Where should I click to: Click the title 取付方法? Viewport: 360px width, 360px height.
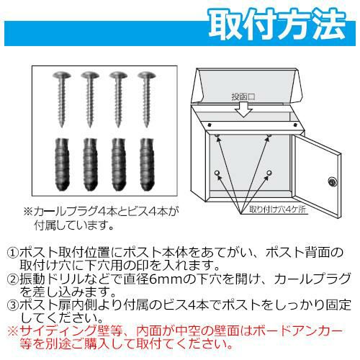pos(278,24)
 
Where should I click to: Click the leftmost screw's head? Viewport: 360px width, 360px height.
pos(62,75)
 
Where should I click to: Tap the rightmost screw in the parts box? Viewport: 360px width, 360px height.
pos(147,99)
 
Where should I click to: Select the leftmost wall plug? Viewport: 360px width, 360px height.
pos(62,165)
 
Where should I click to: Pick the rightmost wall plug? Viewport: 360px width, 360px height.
pos(147,165)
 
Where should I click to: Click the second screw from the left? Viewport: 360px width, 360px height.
pos(90,99)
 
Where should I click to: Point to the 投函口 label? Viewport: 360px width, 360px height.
pos(243,96)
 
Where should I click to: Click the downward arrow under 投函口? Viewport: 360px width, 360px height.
pos(243,109)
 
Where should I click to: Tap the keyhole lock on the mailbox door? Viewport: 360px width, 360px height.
pos(333,181)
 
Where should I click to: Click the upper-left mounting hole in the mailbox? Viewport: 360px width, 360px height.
pos(217,136)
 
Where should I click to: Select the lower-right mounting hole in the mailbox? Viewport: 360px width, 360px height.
pos(269,173)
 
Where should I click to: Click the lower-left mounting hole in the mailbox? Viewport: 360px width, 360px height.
pos(217,173)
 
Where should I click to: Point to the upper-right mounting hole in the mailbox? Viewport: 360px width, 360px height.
pos(269,136)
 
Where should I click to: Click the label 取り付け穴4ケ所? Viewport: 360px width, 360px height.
pos(278,210)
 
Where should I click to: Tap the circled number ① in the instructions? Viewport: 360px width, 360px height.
pos(13,253)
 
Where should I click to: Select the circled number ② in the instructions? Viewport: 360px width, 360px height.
pos(13,279)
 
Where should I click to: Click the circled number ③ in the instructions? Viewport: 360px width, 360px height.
pos(13,305)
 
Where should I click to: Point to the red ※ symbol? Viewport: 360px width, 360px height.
pos(13,331)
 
